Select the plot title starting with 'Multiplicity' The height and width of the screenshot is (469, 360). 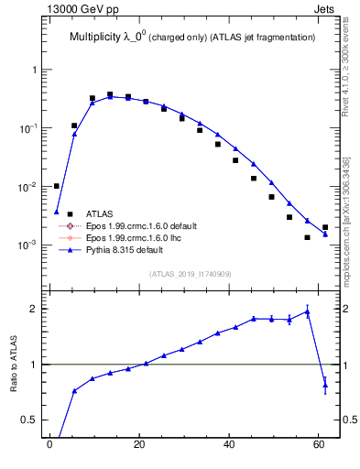coord(192,38)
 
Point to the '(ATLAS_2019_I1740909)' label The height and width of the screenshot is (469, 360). coord(191,273)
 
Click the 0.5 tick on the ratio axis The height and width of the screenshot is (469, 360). coord(29,420)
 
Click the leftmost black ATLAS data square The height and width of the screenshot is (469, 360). coord(56,186)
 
